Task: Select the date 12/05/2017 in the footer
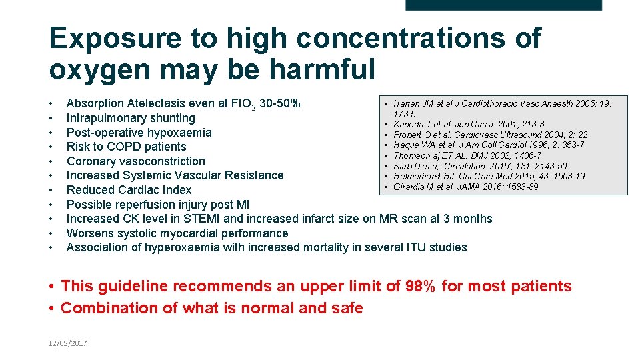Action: (x=67, y=343)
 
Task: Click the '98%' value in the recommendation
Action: (x=421, y=287)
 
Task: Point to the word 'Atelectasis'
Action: (x=160, y=104)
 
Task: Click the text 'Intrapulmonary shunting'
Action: (x=131, y=118)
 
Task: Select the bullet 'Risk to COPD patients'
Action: (x=126, y=147)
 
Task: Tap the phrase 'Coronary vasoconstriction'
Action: (x=135, y=161)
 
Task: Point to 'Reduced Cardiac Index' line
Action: (x=129, y=190)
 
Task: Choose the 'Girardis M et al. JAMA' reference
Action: (x=457, y=187)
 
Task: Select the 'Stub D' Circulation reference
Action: (x=480, y=166)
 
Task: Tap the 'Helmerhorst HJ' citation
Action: (x=489, y=176)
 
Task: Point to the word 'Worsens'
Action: (x=90, y=233)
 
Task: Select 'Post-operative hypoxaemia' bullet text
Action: (x=139, y=133)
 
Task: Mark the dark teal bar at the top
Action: (x=503, y=5)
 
